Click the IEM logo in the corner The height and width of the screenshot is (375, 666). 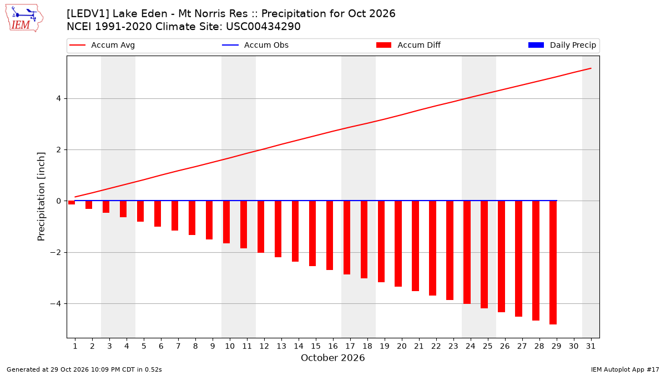tap(24, 18)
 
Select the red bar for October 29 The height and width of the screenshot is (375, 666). tap(553, 262)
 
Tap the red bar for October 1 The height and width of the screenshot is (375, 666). tap(72, 203)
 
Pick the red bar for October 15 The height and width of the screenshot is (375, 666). tap(312, 233)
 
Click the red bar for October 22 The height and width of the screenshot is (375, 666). tap(432, 248)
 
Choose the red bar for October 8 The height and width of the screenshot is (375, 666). tap(192, 218)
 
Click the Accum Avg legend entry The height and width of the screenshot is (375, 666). tap(102, 45)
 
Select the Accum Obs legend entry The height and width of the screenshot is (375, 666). tap(255, 45)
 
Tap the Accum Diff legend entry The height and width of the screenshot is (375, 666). tap(408, 45)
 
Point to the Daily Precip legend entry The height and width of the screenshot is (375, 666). tap(562, 45)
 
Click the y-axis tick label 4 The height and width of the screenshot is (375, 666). tap(59, 98)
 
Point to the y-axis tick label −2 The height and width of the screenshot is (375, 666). tap(56, 252)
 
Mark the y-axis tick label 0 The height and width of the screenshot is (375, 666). tap(59, 201)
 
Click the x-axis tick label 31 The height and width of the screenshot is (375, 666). tap(591, 346)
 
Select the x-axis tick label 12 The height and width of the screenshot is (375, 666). tap(264, 346)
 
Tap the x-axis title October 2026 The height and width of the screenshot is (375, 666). tap(332, 358)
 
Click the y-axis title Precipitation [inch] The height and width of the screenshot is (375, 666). tap(41, 197)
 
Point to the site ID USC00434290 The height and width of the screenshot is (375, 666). tap(263, 27)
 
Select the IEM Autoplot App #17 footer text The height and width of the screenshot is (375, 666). tap(625, 369)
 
